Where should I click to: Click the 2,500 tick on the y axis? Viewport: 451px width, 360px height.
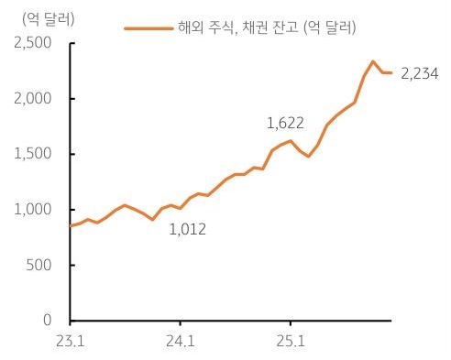32,42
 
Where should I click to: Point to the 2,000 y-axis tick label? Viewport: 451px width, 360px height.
32,98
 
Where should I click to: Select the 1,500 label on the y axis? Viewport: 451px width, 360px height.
33,154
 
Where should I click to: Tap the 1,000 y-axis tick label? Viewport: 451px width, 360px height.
33,210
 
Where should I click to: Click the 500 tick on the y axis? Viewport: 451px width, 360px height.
38,266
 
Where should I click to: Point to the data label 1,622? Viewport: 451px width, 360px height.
284,122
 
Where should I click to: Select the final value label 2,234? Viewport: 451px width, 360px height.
421,73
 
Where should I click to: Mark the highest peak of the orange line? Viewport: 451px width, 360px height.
373,61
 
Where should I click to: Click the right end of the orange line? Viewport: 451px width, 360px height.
391,72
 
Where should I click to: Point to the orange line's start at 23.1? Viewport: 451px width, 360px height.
71,225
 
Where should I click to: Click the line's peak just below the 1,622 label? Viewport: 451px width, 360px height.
291,140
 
